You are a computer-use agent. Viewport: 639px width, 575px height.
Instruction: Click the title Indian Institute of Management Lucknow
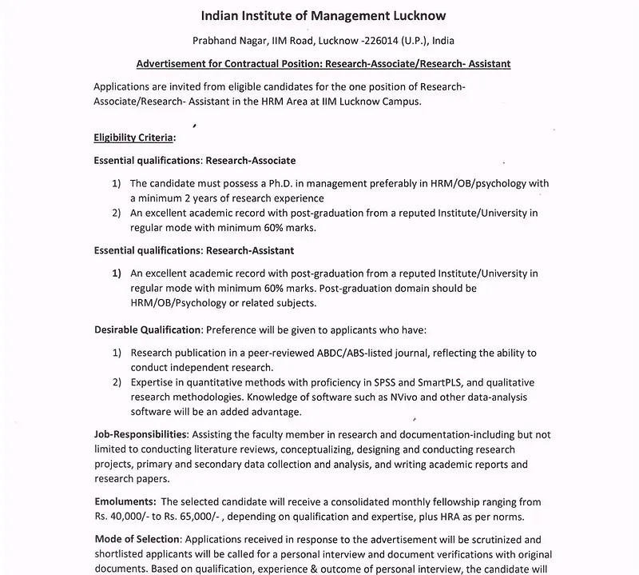tap(323, 15)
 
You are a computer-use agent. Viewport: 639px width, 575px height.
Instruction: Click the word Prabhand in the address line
tap(216, 41)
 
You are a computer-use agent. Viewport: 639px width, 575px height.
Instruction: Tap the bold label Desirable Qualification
tap(148, 329)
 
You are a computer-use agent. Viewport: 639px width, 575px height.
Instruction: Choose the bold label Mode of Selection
tap(139, 540)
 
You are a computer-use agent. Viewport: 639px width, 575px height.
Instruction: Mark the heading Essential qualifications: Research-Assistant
tap(194, 250)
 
